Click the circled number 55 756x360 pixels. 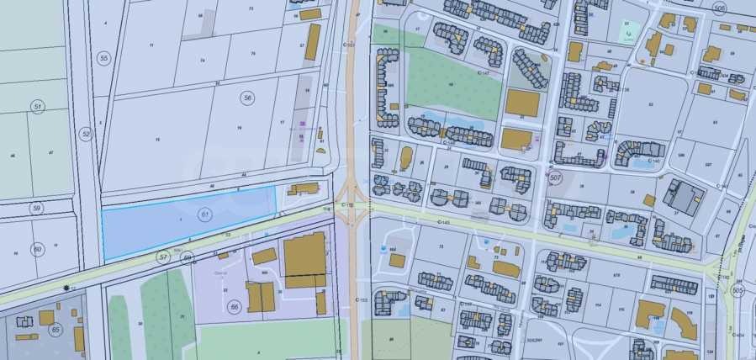[103, 58]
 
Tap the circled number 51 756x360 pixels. [37, 106]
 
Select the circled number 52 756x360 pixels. [86, 134]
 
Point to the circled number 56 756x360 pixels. [247, 98]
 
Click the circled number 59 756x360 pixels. [37, 208]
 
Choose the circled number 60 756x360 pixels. [37, 249]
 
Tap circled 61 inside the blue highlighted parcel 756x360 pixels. [204, 215]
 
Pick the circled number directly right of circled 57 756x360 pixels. [188, 256]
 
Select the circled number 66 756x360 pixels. [234, 307]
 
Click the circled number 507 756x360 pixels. [554, 178]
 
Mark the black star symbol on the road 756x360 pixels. [66, 288]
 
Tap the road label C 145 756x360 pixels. [444, 222]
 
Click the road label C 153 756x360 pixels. [362, 299]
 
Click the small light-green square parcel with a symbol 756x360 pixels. [629, 32]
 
